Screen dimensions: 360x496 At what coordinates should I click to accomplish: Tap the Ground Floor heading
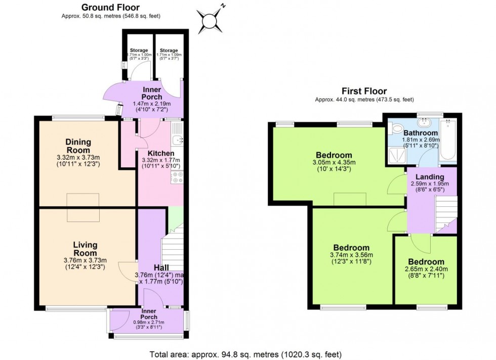pos(110,7)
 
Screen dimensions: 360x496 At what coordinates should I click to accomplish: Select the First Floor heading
pos(364,91)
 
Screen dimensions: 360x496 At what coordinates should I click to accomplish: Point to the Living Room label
pos(85,249)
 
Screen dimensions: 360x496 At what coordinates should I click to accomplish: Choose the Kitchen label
pos(161,153)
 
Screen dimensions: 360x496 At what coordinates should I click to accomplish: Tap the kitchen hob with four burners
pos(178,177)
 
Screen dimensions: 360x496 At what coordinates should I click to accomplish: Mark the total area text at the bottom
pos(245,354)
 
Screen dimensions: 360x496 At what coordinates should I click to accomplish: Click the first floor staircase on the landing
pos(445,213)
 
